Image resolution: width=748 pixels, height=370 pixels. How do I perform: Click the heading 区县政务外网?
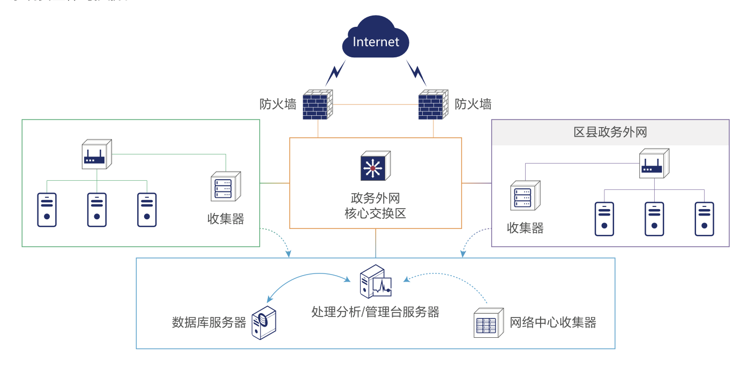point(610,132)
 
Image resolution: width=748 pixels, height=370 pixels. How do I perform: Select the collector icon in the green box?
point(226,187)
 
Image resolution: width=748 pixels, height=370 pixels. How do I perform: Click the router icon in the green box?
point(96,155)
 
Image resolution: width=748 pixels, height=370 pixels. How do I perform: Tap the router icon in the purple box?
point(654,164)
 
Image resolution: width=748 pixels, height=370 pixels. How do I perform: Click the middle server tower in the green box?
point(97,210)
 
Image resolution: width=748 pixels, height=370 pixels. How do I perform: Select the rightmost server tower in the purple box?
point(704,219)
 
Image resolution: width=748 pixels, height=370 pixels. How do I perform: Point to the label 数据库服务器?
point(209,322)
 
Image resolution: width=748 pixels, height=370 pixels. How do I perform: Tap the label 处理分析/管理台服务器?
point(375,312)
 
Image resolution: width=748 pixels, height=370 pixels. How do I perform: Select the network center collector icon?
point(489,323)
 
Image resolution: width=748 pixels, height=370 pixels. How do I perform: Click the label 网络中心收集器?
point(552,322)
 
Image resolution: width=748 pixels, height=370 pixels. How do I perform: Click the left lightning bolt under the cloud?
point(336,73)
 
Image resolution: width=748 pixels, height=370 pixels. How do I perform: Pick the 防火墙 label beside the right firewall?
point(473,104)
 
